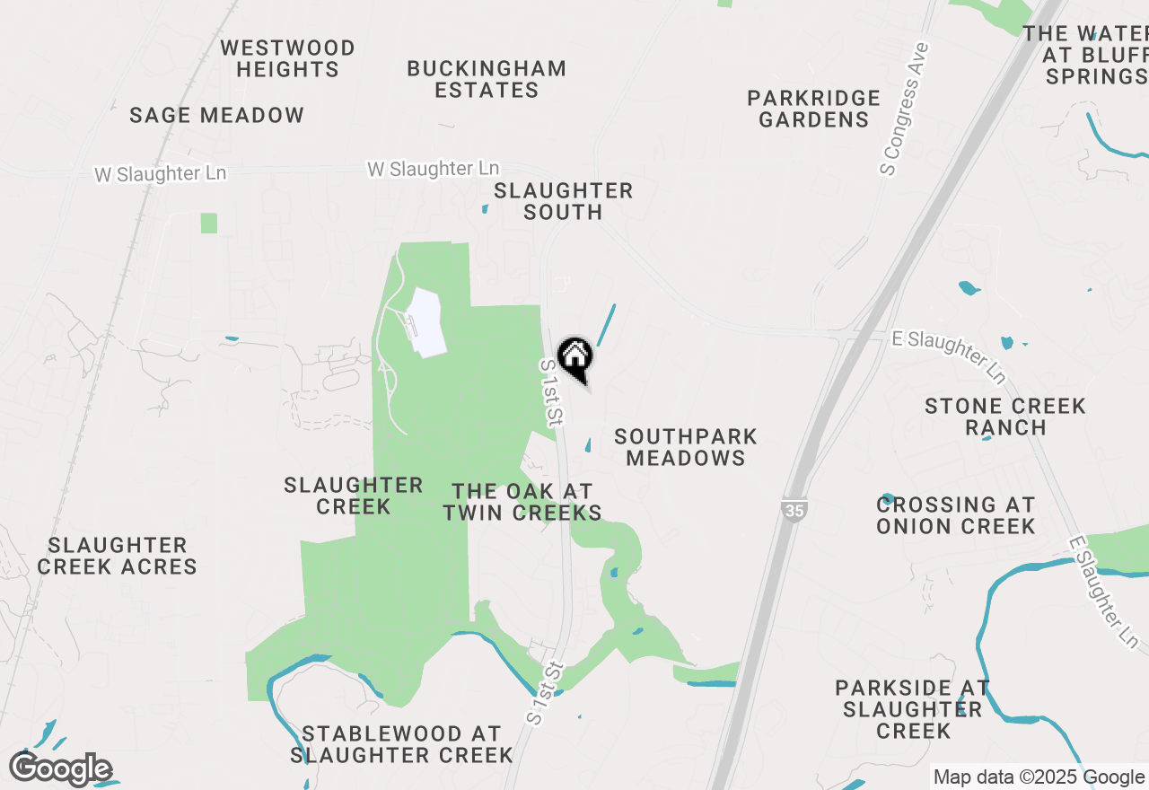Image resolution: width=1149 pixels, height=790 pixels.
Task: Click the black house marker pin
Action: point(575,357)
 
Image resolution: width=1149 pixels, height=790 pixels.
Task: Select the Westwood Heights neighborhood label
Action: point(287,58)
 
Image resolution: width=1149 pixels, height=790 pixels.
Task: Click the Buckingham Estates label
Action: point(487,79)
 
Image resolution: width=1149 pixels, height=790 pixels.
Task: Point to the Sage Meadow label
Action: point(216,115)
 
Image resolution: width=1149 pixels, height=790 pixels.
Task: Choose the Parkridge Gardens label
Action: point(813,109)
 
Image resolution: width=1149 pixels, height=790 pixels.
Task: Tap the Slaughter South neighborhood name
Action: point(563,201)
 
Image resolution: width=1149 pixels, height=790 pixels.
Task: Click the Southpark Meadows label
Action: point(686,447)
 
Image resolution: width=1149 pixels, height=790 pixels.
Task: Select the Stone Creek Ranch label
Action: point(1005,417)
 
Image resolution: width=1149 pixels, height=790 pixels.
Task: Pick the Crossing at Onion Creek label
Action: point(956,515)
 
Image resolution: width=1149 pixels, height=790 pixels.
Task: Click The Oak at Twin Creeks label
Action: point(522,503)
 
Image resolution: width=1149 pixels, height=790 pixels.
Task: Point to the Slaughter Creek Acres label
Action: point(118,556)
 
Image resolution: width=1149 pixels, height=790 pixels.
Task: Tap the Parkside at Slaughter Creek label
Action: point(912,709)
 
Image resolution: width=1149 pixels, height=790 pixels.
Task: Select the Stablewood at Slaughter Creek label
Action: point(401,744)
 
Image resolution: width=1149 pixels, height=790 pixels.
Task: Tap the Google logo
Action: point(61,769)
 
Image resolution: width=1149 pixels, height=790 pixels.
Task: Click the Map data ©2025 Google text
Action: point(1039,777)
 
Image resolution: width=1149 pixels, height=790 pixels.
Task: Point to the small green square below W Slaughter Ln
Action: point(209,223)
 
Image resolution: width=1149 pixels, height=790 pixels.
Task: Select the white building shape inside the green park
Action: point(426,322)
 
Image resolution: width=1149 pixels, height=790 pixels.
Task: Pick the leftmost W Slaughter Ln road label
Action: point(161,173)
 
